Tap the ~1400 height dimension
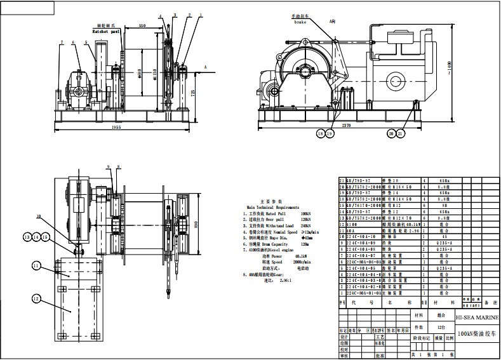click(448, 66)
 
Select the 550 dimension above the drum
click(142, 25)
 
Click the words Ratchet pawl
click(105, 30)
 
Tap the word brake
click(300, 22)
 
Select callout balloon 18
click(321, 134)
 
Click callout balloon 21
click(400, 133)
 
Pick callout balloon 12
click(36, 298)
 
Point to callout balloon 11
click(36, 265)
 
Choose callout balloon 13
click(28, 236)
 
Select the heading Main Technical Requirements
click(279, 207)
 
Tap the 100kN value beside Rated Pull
click(306, 214)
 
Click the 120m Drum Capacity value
click(305, 244)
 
